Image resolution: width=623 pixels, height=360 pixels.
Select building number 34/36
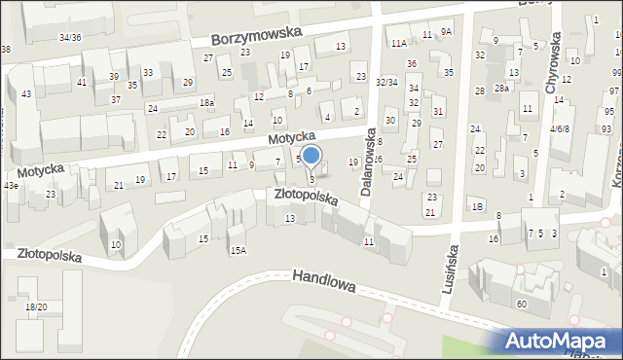pyautogui.click(x=70, y=37)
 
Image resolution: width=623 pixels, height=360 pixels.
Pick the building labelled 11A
pyautogui.click(x=399, y=43)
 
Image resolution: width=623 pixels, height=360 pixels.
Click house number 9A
pyautogui.click(x=446, y=31)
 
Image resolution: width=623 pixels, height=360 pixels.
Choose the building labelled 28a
pyautogui.click(x=501, y=88)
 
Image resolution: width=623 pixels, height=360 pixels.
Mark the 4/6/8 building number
pyautogui.click(x=560, y=127)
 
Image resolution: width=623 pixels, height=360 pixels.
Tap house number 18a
pyautogui.click(x=206, y=102)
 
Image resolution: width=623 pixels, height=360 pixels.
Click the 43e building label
pyautogui.click(x=10, y=185)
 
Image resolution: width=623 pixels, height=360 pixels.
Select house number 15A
pyautogui.click(x=238, y=250)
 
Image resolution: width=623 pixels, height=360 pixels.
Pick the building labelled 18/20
pyautogui.click(x=35, y=306)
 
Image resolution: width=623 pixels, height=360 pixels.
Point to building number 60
pyautogui.click(x=522, y=305)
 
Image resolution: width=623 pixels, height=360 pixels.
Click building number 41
pyautogui.click(x=82, y=82)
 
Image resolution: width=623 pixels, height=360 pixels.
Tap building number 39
pyautogui.click(x=114, y=76)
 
